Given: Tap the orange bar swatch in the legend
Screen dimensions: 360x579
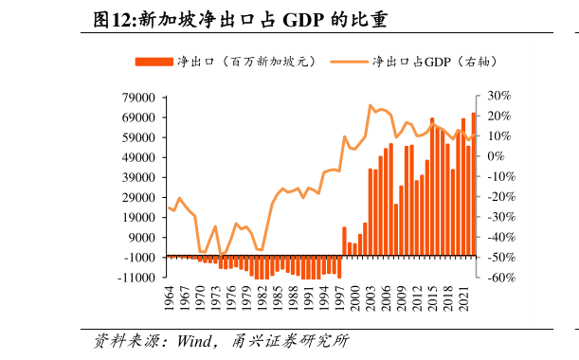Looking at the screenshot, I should (x=154, y=62).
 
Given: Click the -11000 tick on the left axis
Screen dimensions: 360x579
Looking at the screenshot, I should (x=138, y=278).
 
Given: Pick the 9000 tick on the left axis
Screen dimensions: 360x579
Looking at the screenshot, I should (x=143, y=238).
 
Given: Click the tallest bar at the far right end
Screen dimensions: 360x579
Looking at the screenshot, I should (x=474, y=185).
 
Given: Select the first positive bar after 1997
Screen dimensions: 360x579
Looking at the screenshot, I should (x=345, y=242).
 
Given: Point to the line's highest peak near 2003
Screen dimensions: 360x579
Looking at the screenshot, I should (x=371, y=105).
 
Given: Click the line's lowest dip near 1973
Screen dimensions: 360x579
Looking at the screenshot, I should (x=221, y=256).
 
